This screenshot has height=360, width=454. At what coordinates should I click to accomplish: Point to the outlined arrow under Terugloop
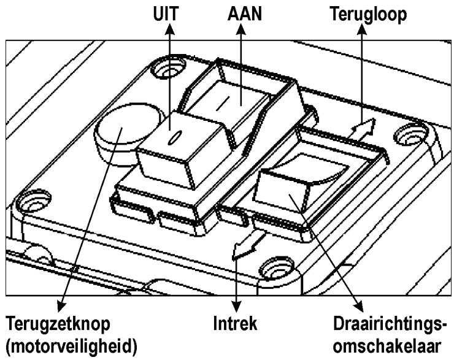tap(363, 129)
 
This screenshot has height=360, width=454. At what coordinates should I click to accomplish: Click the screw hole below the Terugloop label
tap(408, 132)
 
